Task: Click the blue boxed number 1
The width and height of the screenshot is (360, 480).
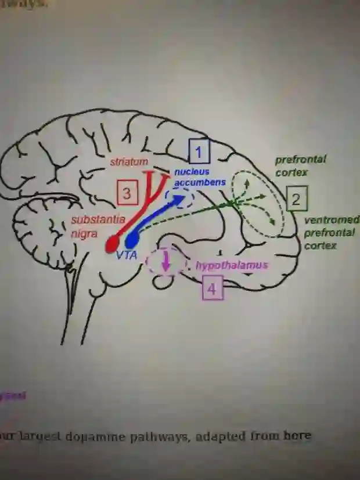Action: pos(199,153)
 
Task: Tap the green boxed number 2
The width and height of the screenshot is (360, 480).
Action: pos(296,200)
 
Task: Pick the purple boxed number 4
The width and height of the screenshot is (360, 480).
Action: pos(213,288)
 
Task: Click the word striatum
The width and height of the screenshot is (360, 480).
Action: pos(129,162)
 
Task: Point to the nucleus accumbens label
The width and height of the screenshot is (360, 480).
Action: pos(200,177)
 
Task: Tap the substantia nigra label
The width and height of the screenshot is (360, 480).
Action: pos(98,227)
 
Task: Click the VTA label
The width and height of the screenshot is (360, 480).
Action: pos(126,255)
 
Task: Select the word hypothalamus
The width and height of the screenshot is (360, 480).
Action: pos(232,266)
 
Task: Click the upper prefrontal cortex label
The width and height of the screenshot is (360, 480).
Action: pos(300,165)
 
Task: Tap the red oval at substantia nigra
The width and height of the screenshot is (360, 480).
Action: pos(112,243)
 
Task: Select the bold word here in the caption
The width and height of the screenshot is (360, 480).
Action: pos(297,435)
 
